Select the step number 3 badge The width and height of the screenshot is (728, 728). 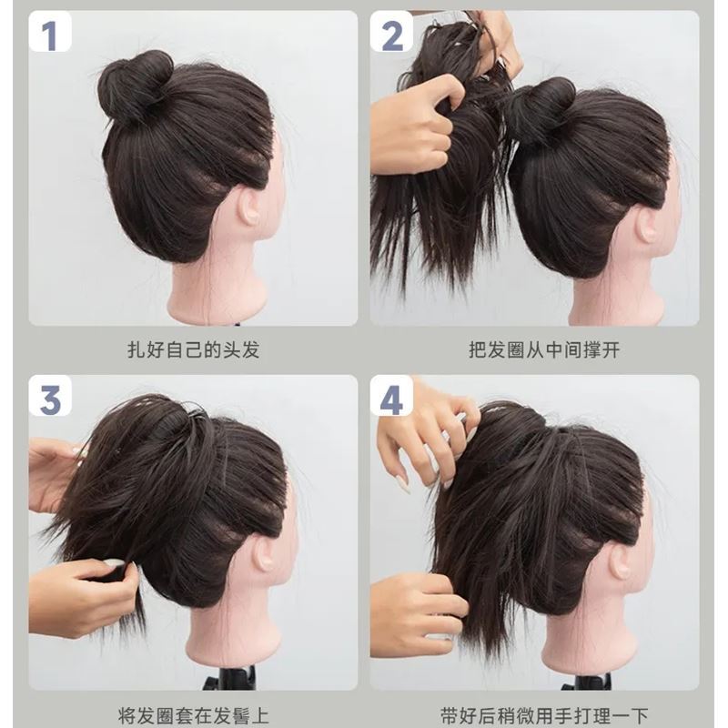click(49, 399)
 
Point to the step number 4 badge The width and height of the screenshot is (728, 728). click(392, 399)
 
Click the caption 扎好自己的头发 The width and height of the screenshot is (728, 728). click(193, 349)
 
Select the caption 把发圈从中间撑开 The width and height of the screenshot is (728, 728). click(535, 349)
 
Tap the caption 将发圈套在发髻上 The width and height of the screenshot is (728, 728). click(193, 715)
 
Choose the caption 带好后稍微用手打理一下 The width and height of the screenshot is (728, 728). click(535, 715)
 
